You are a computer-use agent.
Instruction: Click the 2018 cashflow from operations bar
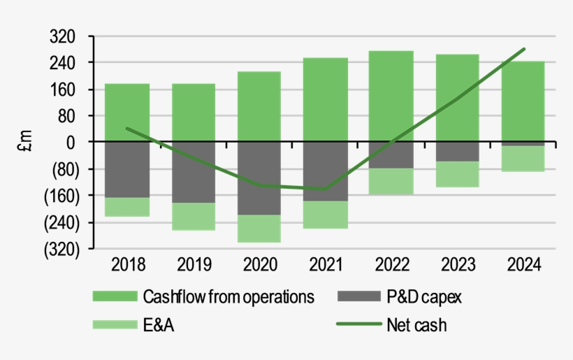coord(127,113)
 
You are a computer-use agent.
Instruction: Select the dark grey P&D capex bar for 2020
coord(259,178)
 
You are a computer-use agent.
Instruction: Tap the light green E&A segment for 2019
coord(194,216)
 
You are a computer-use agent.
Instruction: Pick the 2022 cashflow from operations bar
coord(391,96)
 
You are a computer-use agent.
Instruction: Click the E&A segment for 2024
coord(523,158)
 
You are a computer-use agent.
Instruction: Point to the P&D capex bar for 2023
coord(457,152)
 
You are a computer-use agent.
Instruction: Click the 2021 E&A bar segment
coord(326,214)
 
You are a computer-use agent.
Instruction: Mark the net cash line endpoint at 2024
coord(524,49)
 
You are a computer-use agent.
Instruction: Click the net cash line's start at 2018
coord(127,129)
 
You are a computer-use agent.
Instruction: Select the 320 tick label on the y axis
coord(64,36)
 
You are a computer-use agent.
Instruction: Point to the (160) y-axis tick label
coord(59,196)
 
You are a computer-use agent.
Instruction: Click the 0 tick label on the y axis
coord(71,142)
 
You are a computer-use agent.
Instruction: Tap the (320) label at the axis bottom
coord(59,249)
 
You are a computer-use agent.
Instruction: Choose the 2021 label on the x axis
coord(326,265)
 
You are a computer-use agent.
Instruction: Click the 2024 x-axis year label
coord(523,265)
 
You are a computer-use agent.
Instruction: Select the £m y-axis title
coord(26,142)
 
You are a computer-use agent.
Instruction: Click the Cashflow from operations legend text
coord(229,297)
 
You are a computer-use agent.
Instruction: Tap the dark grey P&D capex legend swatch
coord(358,297)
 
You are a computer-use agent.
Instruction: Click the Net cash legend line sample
coord(358,324)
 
